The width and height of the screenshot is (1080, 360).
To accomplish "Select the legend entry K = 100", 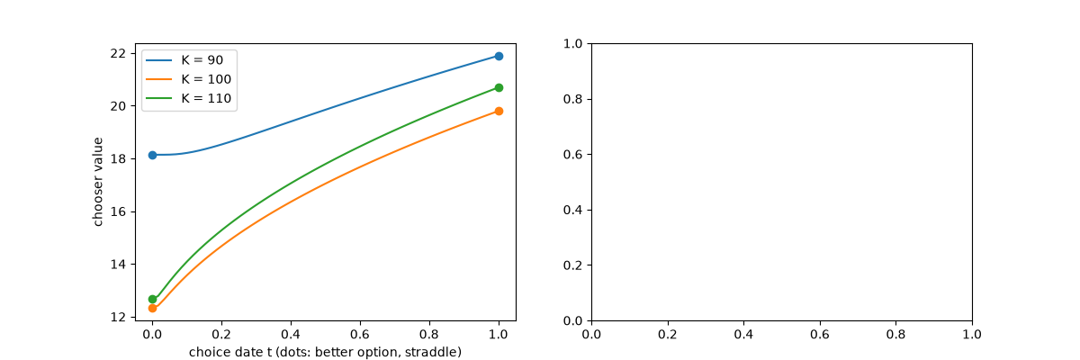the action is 188,79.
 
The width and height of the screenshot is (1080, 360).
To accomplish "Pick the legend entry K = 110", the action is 188,98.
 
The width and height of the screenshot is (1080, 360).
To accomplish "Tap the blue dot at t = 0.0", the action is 152,155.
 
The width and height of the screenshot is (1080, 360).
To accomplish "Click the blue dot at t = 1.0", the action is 499,57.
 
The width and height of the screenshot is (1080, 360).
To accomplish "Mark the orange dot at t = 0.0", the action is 152,308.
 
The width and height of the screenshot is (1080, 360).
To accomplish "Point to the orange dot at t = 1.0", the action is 499,112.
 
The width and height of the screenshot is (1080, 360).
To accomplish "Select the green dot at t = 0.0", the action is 152,300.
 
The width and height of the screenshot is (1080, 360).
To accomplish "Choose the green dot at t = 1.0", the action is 499,87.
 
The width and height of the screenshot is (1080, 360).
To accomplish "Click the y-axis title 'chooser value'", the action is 98,182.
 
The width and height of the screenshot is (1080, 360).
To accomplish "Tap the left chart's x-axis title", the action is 326,352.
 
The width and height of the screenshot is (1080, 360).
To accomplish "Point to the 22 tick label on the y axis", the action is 118,53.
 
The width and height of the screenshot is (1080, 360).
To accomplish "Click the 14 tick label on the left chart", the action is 118,265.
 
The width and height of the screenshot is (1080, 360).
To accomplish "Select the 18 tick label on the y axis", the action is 118,159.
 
